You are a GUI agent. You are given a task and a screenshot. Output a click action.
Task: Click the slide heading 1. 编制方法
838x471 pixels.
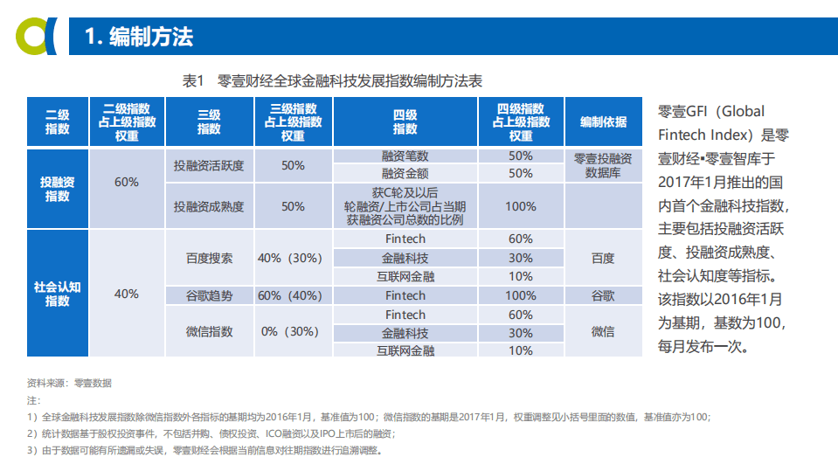click(139, 37)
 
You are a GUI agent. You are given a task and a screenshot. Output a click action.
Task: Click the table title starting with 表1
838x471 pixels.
click(331, 80)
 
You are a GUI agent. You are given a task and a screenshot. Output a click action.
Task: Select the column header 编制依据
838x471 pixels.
click(603, 122)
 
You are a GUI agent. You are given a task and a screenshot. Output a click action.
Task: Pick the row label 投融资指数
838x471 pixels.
click(58, 189)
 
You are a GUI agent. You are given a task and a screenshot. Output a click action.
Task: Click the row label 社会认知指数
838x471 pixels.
click(58, 294)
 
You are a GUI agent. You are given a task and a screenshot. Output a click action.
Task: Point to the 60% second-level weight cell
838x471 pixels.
click(127, 182)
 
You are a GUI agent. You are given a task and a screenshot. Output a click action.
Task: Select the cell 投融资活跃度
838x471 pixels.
click(209, 165)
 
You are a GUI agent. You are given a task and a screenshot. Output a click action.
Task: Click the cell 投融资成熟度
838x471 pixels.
click(209, 206)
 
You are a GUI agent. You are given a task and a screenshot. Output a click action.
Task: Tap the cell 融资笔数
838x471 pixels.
click(405, 156)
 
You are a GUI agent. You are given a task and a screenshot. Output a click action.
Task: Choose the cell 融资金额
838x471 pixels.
click(405, 173)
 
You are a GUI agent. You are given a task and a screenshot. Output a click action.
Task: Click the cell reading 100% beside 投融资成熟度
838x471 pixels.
click(520, 206)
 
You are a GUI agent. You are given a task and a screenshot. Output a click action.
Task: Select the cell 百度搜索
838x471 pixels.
click(209, 258)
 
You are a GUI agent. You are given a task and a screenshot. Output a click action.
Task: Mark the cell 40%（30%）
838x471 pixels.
click(292, 258)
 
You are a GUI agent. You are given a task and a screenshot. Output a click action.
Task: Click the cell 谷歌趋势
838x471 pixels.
click(209, 295)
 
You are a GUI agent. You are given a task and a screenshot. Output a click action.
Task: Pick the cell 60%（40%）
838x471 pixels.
click(292, 295)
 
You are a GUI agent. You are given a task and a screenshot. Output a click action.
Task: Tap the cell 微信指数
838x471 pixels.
click(209, 332)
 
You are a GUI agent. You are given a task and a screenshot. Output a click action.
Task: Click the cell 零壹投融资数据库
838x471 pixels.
click(603, 165)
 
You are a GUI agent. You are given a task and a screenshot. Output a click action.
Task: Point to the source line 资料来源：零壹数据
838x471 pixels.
click(69, 383)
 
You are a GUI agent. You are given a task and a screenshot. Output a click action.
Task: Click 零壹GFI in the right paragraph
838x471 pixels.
click(682, 112)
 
